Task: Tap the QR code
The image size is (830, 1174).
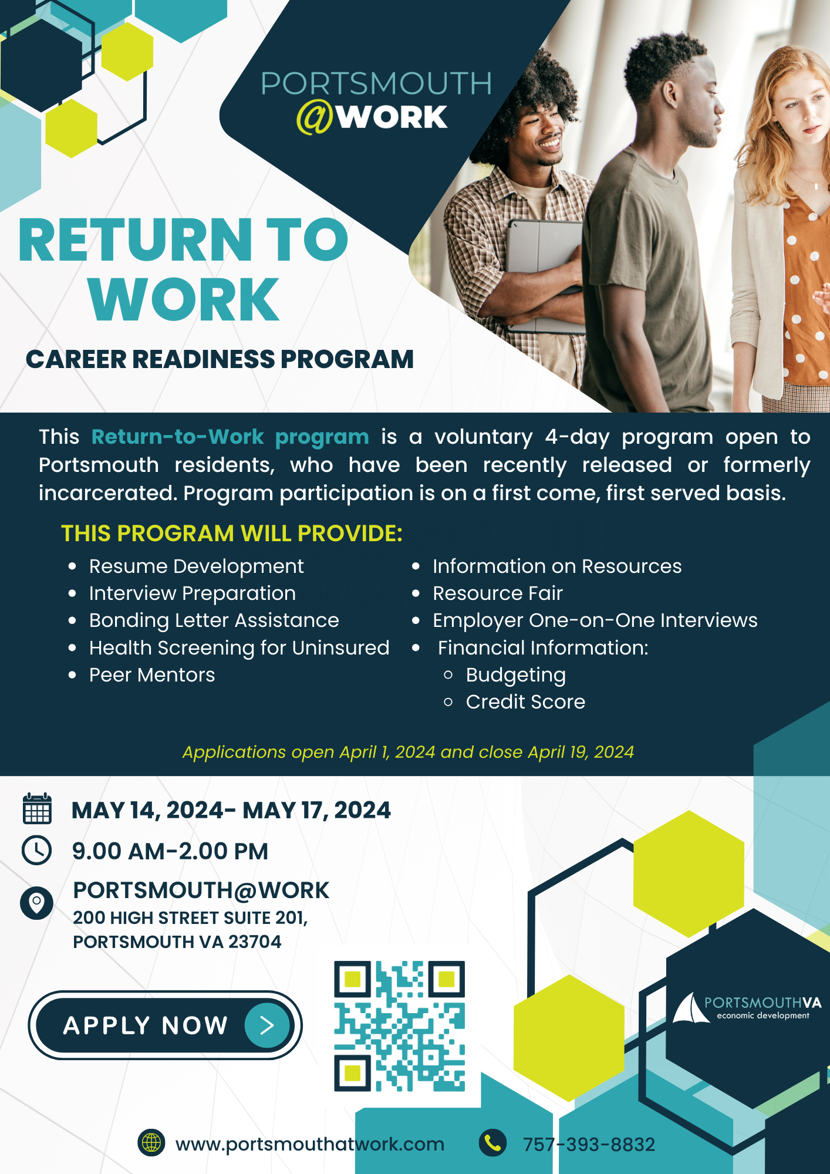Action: coord(399,1025)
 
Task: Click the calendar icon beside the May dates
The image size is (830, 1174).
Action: coord(37,809)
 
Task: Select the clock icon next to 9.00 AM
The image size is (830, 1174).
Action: coord(37,850)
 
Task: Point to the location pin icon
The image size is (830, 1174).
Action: coord(36,902)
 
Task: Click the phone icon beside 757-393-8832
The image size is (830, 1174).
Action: coord(492,1143)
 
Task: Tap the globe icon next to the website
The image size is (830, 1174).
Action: coord(151,1143)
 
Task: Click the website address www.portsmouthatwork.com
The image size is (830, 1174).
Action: coord(309,1144)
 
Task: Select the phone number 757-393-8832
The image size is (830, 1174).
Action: coord(589,1145)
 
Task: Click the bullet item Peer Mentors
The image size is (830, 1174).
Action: coord(152,675)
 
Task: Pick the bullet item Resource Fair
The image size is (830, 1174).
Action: coord(497,593)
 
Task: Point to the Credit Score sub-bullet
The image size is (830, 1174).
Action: coord(525,702)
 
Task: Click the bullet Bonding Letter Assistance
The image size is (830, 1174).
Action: coord(214,620)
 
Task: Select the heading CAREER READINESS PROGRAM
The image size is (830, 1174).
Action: coord(220,359)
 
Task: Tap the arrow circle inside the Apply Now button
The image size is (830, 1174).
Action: coord(267,1025)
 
